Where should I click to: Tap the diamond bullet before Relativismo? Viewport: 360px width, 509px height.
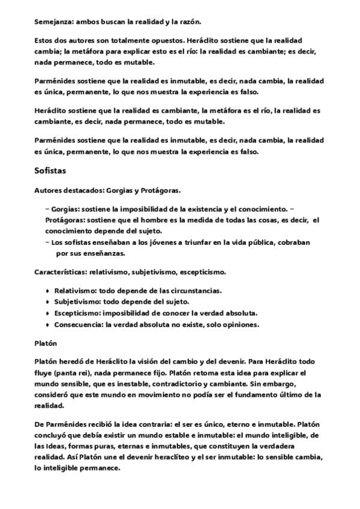[x=47, y=291]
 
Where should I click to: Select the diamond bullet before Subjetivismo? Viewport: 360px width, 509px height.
[x=47, y=302]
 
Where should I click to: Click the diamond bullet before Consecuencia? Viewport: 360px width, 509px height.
[x=47, y=325]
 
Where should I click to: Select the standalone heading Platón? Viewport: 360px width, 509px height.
[x=45, y=343]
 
